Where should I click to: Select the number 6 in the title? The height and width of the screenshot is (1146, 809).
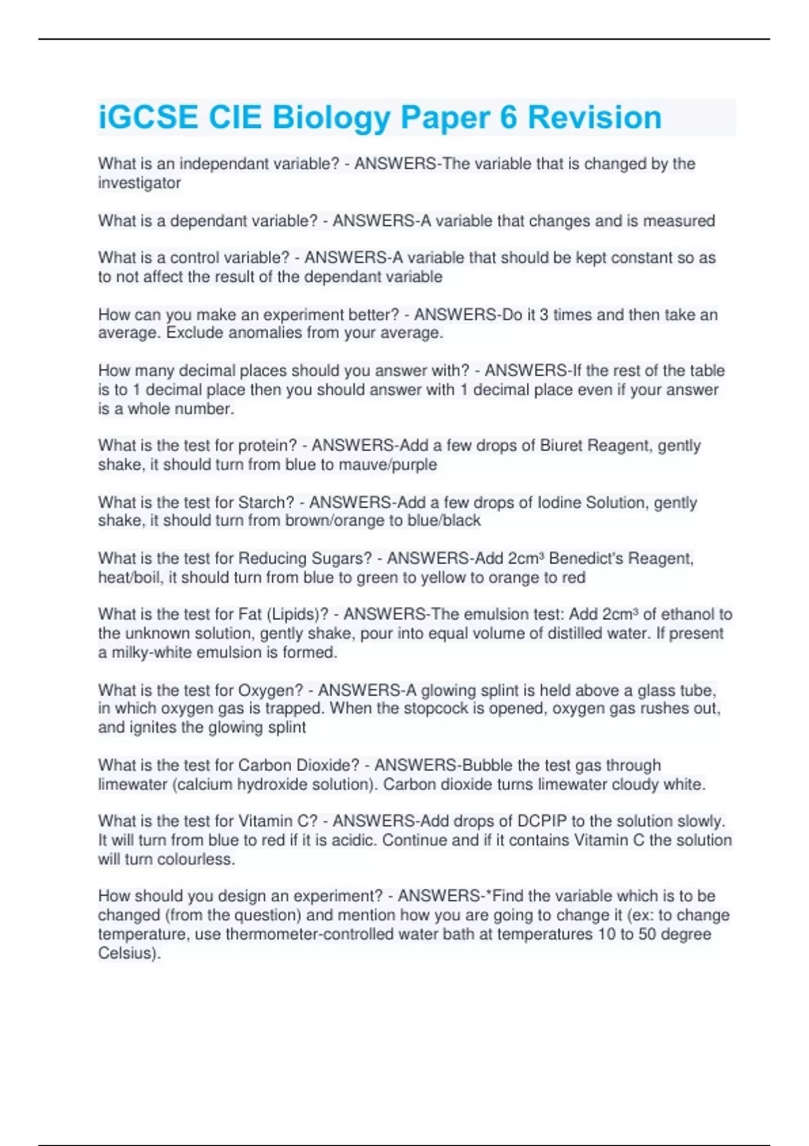tap(508, 117)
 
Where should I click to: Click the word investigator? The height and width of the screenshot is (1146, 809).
tap(140, 183)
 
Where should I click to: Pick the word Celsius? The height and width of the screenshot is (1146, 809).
tap(127, 954)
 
